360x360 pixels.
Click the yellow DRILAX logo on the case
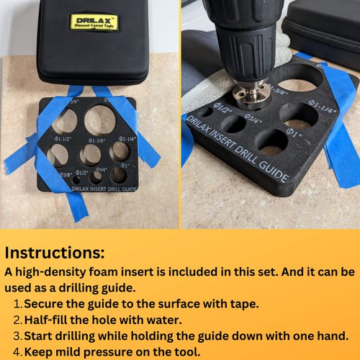click(x=94, y=22)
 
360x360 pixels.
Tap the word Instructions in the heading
click(x=54, y=253)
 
